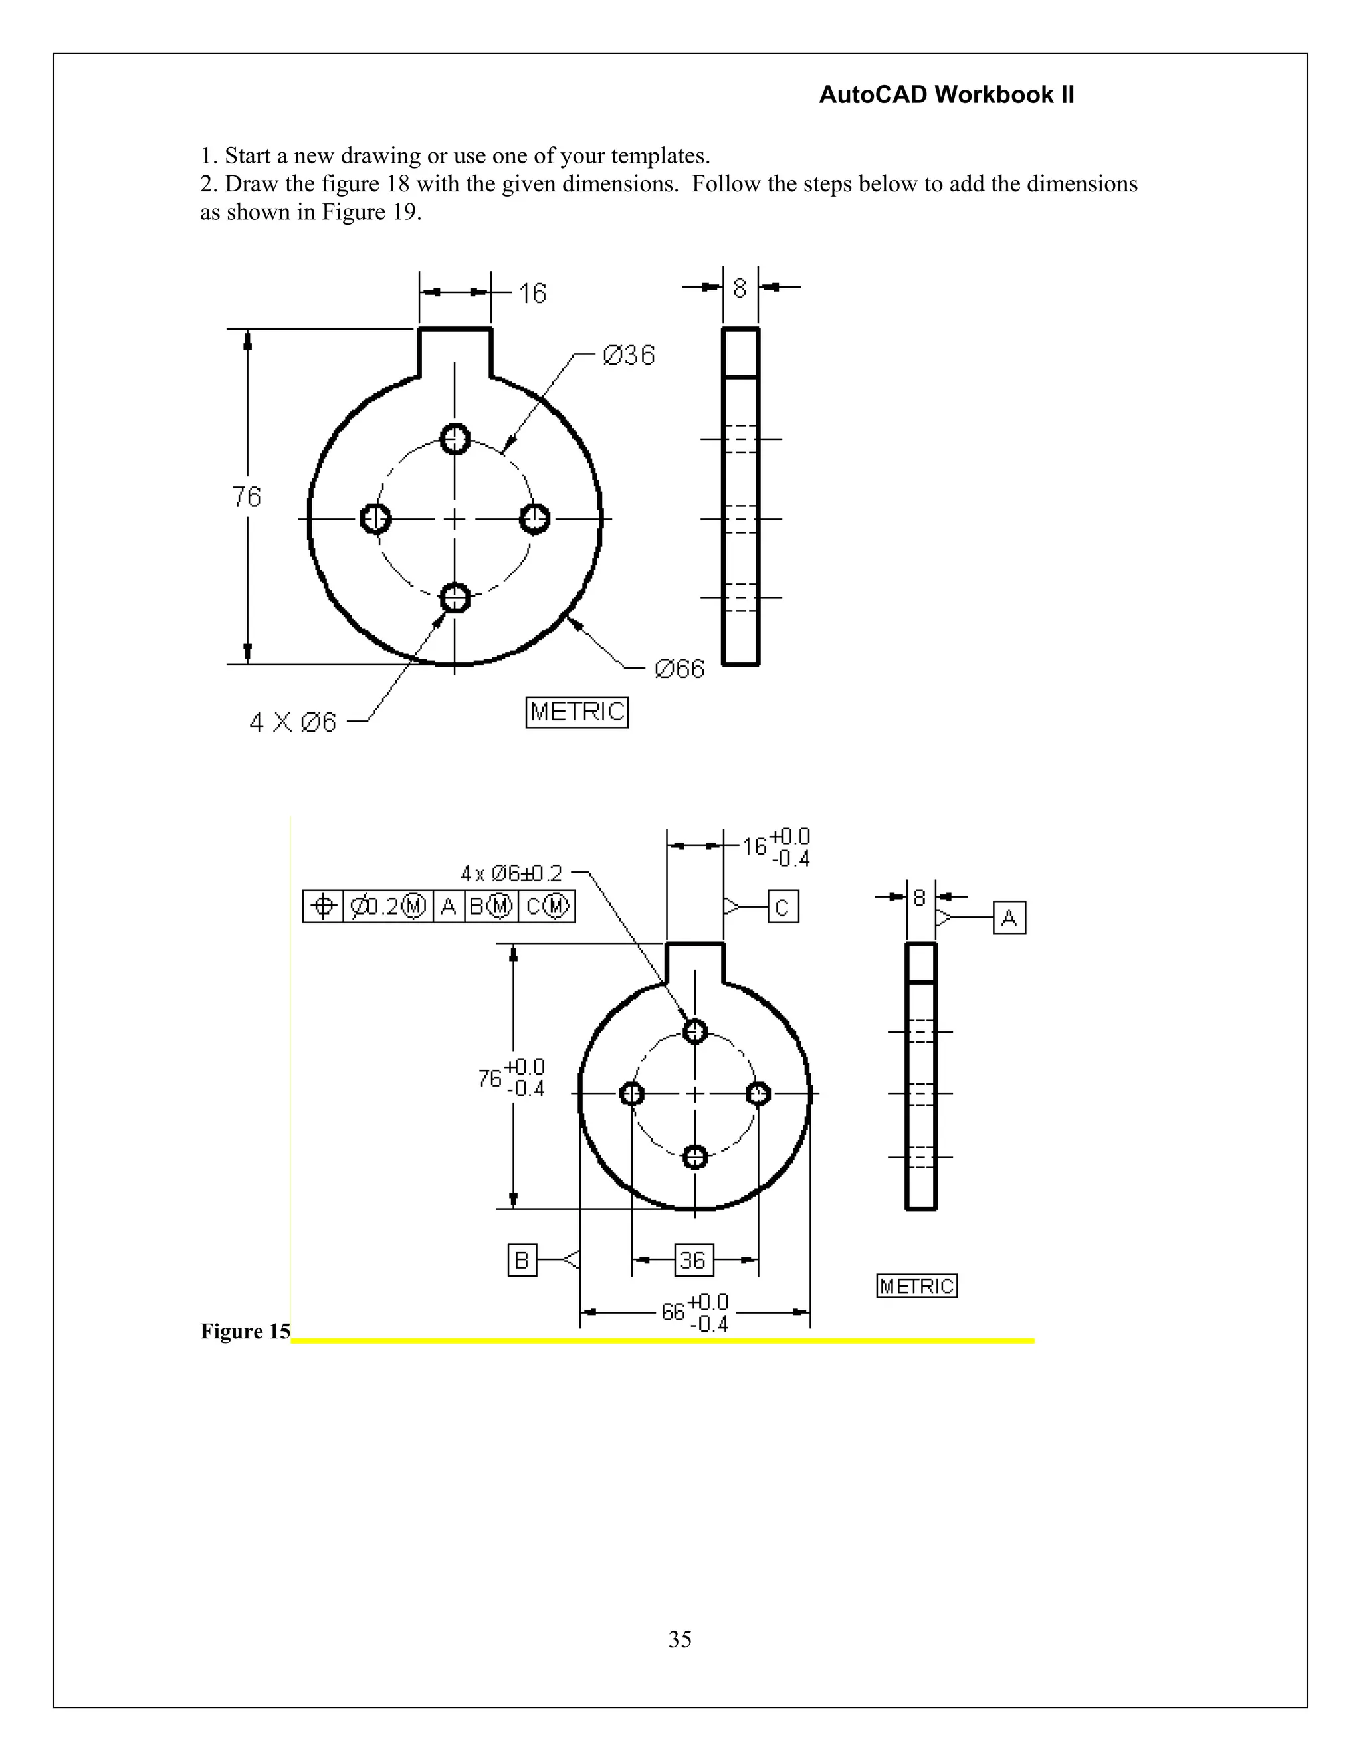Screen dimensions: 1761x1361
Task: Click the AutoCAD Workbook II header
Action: [x=946, y=95]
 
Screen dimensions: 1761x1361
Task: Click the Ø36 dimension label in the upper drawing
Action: [x=629, y=355]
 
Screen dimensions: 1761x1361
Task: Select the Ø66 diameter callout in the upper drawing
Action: [x=679, y=669]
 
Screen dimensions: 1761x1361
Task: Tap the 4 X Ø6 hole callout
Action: [x=292, y=722]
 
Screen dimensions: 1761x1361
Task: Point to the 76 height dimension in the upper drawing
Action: [x=247, y=496]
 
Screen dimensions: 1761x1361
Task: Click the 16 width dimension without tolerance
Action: [x=532, y=294]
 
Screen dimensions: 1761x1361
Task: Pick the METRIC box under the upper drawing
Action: [x=576, y=712]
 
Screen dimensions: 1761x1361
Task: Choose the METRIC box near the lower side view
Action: [x=916, y=1285]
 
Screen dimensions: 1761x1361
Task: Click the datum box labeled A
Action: [x=1009, y=918]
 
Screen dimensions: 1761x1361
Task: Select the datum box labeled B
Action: [x=522, y=1259]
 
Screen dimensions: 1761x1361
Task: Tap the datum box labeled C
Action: [x=782, y=907]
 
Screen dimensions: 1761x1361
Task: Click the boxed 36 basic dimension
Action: [x=693, y=1259]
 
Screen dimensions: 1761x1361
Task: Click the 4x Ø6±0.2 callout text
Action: [x=510, y=873]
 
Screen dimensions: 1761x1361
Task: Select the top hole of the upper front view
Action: [x=455, y=439]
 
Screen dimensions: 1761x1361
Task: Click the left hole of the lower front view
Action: [x=631, y=1094]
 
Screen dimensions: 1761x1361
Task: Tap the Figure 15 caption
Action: [x=245, y=1331]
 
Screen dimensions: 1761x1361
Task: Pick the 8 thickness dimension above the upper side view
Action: [x=740, y=288]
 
